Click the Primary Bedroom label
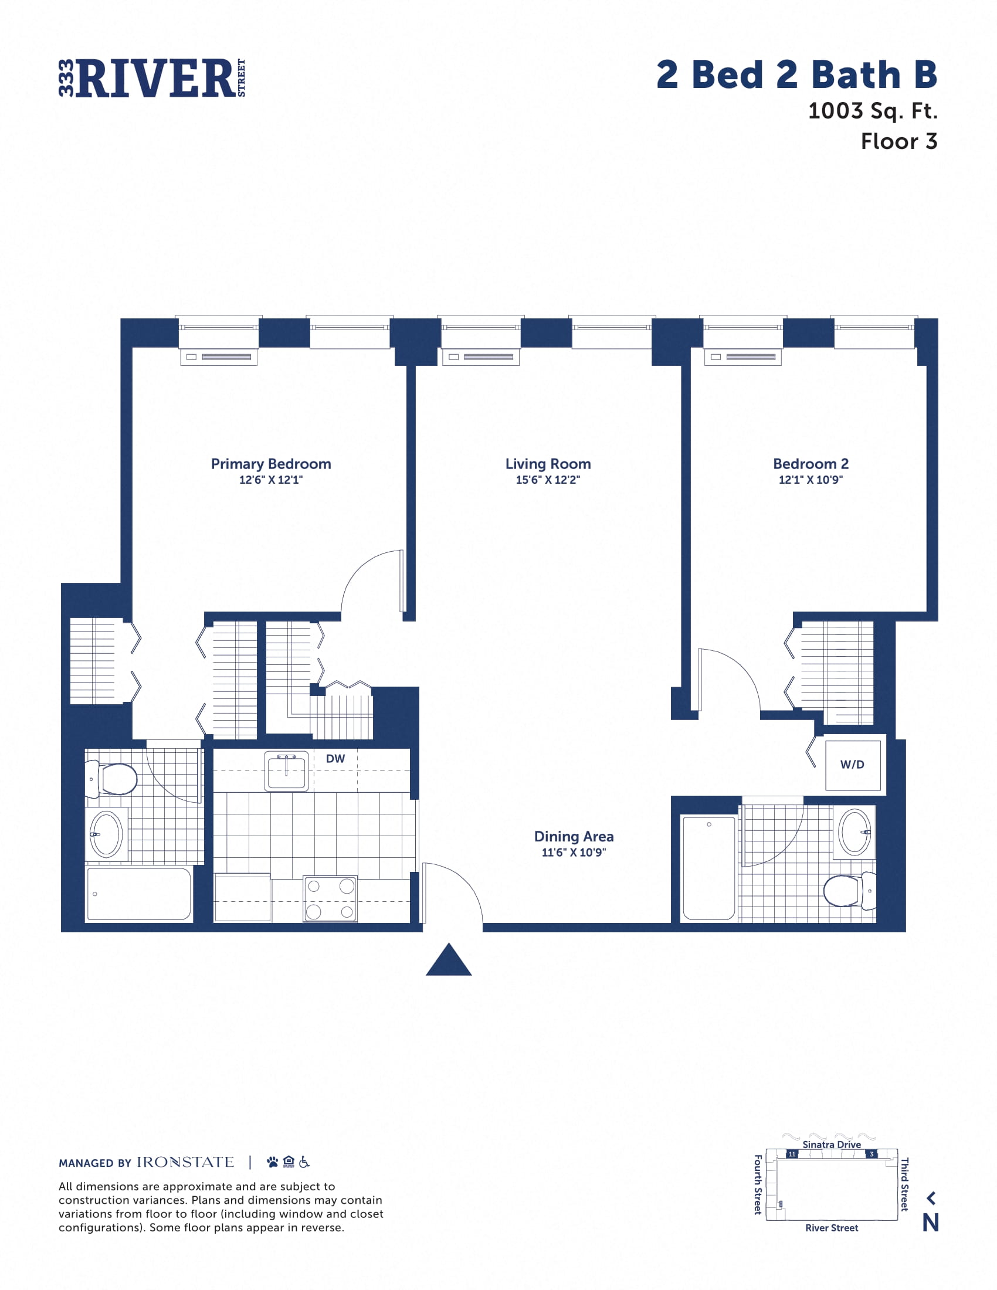point(270,464)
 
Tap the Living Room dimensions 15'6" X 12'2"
point(548,480)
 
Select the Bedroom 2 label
point(811,464)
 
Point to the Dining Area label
point(574,836)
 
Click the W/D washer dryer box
point(852,764)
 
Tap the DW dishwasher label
point(335,758)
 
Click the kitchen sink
point(286,771)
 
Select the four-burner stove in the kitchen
point(330,898)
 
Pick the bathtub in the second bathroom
point(709,868)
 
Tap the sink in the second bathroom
point(854,831)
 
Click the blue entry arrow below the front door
point(449,960)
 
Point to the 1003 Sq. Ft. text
point(873,110)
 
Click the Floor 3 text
point(898,141)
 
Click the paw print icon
point(272,1162)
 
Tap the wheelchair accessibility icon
point(304,1162)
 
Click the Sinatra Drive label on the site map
point(831,1144)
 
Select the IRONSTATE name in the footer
point(185,1162)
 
